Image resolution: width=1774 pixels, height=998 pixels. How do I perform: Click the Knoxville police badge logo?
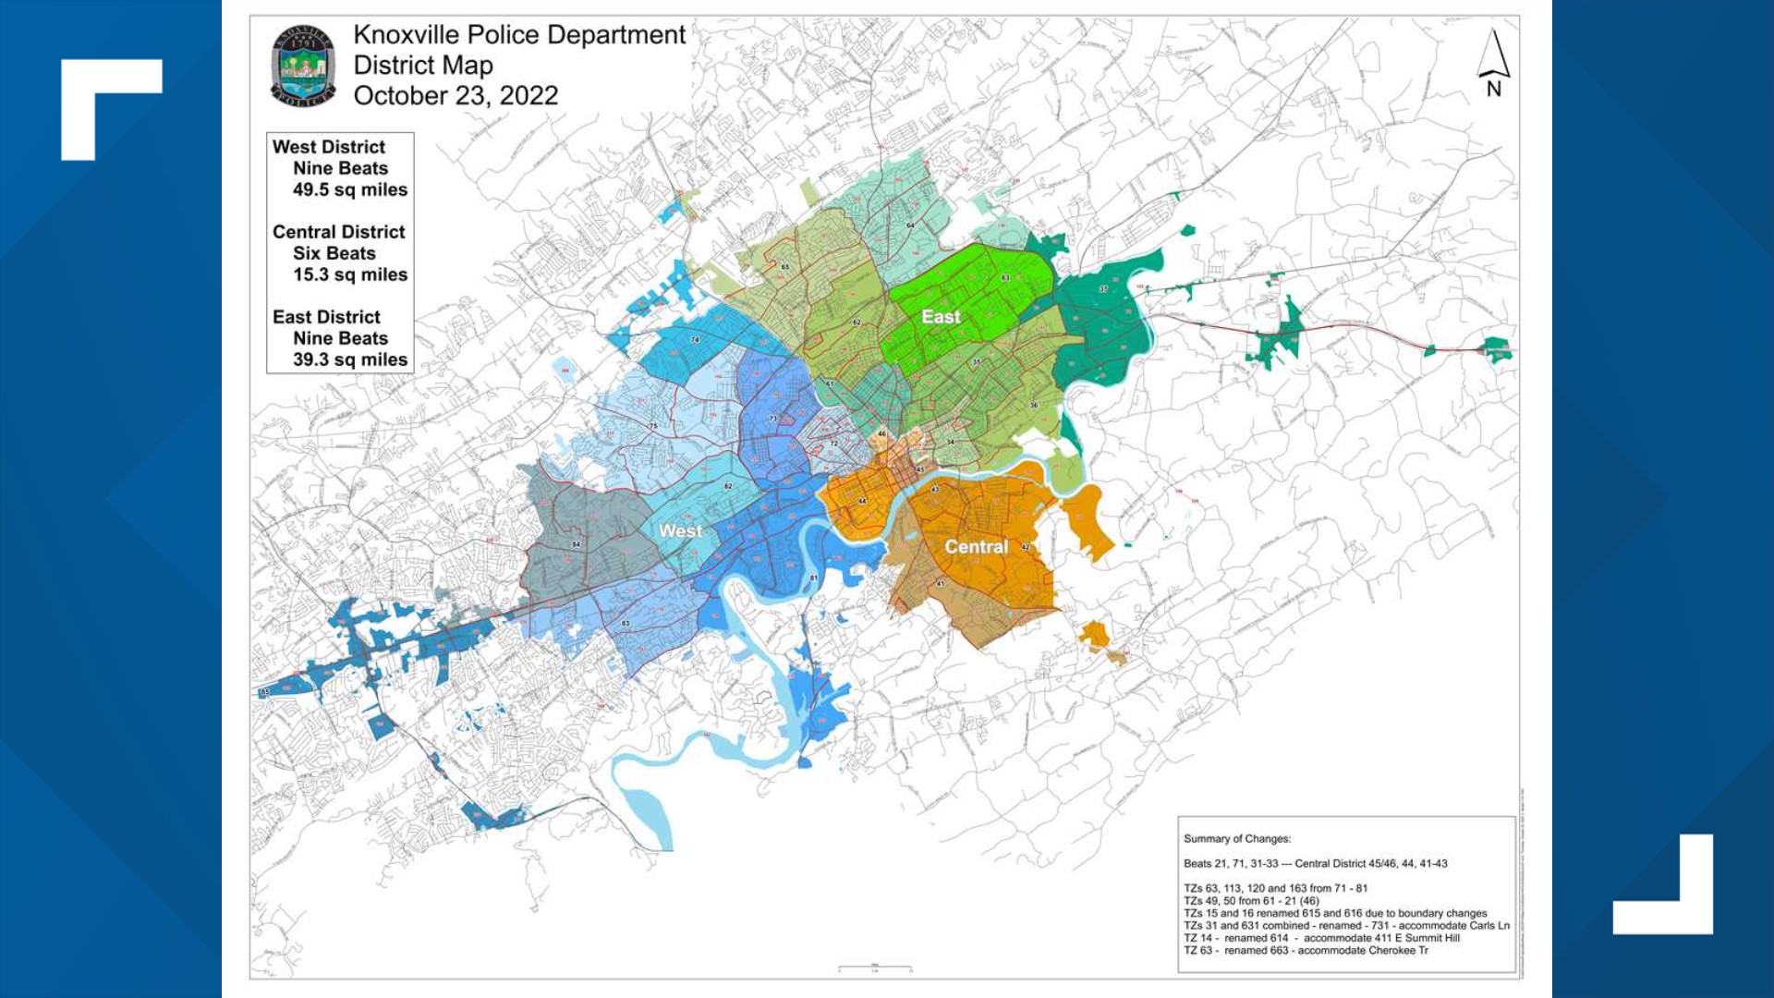[x=303, y=66]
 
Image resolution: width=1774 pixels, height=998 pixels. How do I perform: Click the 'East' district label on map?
[x=941, y=317]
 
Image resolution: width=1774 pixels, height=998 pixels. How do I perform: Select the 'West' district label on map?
[x=680, y=531]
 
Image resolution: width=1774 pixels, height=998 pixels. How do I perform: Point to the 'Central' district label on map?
[x=976, y=547]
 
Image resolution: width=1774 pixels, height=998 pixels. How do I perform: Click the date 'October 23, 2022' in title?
[x=456, y=96]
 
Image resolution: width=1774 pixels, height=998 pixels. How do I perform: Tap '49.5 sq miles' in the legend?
[x=350, y=189]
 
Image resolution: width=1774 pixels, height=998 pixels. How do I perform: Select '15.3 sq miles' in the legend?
[x=350, y=274]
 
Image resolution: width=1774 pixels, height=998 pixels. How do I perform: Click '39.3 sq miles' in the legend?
[x=350, y=359]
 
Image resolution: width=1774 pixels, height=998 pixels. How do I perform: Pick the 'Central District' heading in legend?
[x=338, y=232]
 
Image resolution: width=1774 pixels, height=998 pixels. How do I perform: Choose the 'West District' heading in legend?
[x=328, y=147]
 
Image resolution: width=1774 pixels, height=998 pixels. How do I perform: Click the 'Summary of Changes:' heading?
[x=1237, y=839]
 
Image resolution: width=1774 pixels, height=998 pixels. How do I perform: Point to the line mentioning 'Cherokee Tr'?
[x=1306, y=950]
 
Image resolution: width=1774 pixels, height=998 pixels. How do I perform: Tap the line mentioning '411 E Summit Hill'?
[x=1321, y=938]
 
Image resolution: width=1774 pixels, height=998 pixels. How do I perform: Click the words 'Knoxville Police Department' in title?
[x=519, y=35]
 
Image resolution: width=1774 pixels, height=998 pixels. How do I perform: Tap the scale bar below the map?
[x=874, y=968]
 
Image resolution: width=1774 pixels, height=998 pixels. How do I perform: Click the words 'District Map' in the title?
[x=423, y=66]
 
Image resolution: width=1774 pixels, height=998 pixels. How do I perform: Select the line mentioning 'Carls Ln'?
[x=1346, y=925]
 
